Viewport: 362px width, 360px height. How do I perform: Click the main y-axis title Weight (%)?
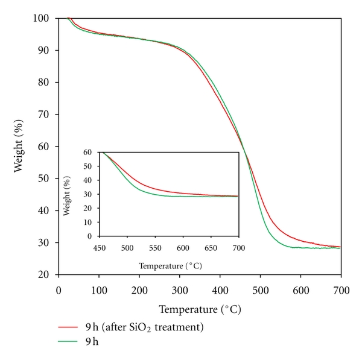[19, 146]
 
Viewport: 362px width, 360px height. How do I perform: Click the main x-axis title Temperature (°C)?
[200, 309]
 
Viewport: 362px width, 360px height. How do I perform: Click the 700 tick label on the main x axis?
[341, 289]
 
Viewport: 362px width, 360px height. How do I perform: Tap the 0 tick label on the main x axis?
[59, 289]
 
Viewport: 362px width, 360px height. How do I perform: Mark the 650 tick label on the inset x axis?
[211, 247]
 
